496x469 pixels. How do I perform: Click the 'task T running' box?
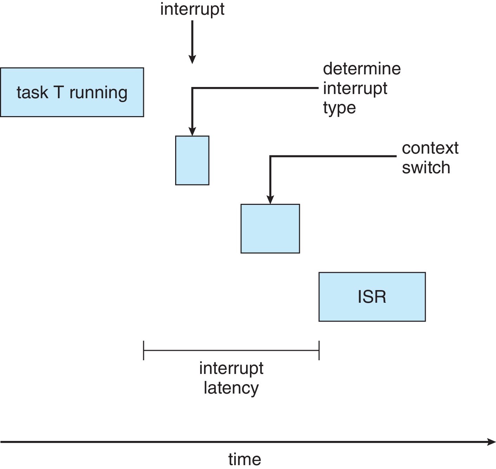tap(72, 92)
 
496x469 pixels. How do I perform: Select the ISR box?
tap(372, 297)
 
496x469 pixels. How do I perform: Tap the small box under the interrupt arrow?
tap(192, 160)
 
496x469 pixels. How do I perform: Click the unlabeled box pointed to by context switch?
tap(270, 228)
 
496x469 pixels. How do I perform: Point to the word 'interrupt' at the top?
tap(192, 9)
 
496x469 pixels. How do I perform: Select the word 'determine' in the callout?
tap(362, 69)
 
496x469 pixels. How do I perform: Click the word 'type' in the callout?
tap(339, 108)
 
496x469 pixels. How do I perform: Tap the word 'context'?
tap(430, 148)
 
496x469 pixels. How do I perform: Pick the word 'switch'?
tap(426, 168)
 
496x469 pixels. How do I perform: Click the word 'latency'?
tap(231, 388)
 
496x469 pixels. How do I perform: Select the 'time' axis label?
tap(245, 459)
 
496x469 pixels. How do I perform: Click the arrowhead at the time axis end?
tap(491, 442)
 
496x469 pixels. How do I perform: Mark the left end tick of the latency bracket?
tap(144, 350)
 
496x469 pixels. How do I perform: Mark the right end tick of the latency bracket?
tap(319, 350)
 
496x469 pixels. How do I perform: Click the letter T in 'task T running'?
tap(59, 92)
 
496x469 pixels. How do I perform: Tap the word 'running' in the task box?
tap(98, 93)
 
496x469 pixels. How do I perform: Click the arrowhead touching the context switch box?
tap(270, 200)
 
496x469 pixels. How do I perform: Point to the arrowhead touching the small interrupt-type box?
tap(192, 132)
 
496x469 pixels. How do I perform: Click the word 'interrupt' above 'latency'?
tap(231, 368)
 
